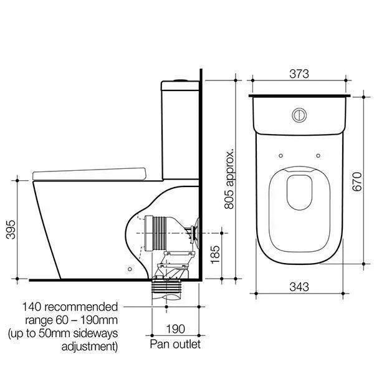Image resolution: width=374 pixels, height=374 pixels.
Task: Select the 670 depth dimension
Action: click(x=356, y=181)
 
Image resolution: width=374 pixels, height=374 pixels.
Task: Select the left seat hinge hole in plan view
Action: click(x=282, y=156)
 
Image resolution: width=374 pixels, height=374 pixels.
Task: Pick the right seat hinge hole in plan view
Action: click(x=319, y=156)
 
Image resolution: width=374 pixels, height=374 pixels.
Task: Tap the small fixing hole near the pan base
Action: click(x=129, y=269)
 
